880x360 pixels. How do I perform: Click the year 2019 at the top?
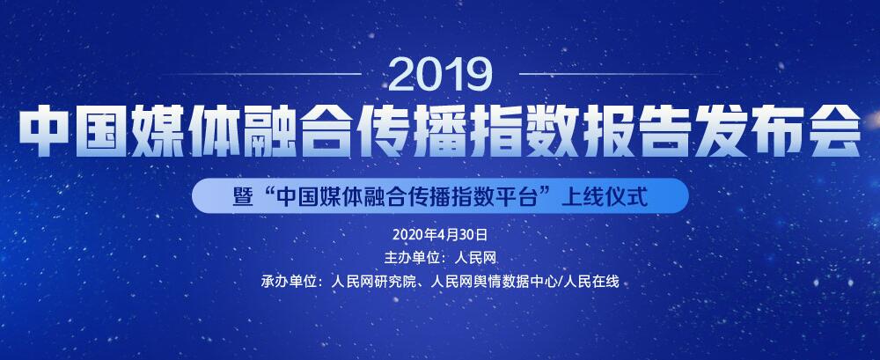pyautogui.click(x=440, y=75)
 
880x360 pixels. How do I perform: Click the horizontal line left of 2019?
pyautogui.click(x=261, y=74)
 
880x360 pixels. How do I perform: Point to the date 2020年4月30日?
pyautogui.click(x=440, y=234)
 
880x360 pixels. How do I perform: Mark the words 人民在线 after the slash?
pyautogui.click(x=592, y=282)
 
